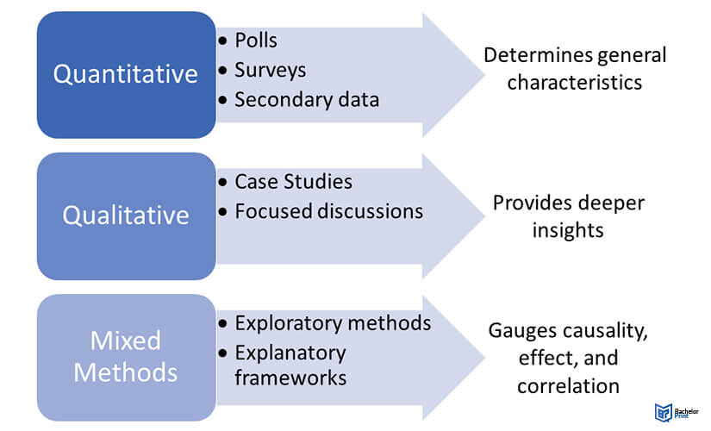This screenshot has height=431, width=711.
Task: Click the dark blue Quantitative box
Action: click(x=126, y=74)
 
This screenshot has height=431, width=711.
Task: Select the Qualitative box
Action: click(x=126, y=215)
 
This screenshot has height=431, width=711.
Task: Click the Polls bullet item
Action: click(x=256, y=41)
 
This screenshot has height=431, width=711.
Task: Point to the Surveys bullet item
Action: click(x=271, y=70)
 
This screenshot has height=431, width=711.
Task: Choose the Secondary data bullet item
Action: click(x=307, y=98)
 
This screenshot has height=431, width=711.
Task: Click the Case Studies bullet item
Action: click(x=293, y=182)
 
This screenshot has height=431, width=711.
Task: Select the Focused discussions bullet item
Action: click(x=328, y=210)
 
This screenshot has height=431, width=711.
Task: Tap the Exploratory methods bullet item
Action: click(x=333, y=323)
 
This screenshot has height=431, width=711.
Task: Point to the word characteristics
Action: click(x=575, y=84)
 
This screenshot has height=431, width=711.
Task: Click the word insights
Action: click(x=568, y=230)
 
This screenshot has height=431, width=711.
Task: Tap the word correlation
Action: click(x=568, y=385)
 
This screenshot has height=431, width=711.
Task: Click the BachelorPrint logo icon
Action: click(x=663, y=411)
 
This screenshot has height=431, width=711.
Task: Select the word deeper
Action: click(x=611, y=203)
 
